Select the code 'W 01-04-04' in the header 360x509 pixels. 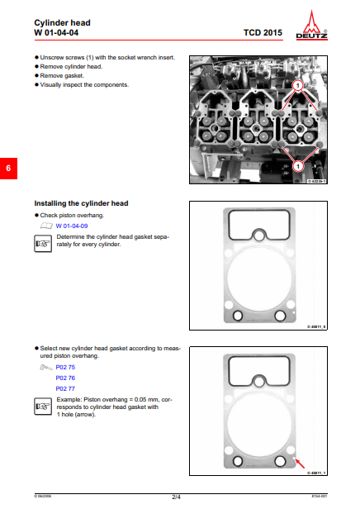pyautogui.click(x=57, y=32)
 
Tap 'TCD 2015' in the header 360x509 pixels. pyautogui.click(x=263, y=33)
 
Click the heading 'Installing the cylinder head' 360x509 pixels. pyautogui.click(x=81, y=203)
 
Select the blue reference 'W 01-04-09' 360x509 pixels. pyautogui.click(x=72, y=225)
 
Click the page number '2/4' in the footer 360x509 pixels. pyautogui.click(x=176, y=497)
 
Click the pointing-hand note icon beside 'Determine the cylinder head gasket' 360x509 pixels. pyautogui.click(x=41, y=241)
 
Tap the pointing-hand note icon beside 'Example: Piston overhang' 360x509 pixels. pyautogui.click(x=41, y=406)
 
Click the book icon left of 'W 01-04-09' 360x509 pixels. pyautogui.click(x=46, y=225)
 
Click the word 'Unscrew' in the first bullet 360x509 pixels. pyautogui.click(x=52, y=59)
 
